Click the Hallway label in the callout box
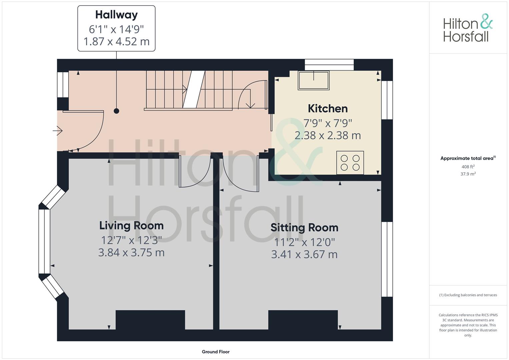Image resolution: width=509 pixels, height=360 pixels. (116, 15)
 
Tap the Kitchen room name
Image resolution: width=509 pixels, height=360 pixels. (328, 109)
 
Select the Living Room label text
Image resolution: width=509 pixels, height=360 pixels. (131, 226)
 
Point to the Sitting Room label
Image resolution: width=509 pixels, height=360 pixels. (304, 228)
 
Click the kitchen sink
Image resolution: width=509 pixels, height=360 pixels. (314, 80)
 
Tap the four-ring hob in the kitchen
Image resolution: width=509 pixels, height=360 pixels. (350, 163)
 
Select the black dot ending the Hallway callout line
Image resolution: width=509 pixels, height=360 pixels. (116, 111)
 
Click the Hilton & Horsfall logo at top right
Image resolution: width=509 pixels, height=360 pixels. (468, 28)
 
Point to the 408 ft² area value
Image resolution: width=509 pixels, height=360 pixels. (468, 167)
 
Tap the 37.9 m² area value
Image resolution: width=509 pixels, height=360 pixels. (468, 174)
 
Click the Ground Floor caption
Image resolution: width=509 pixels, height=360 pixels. (216, 352)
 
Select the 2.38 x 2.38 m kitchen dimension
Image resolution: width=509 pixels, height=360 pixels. (328, 135)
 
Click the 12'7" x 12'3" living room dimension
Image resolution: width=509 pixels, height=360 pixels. (131, 240)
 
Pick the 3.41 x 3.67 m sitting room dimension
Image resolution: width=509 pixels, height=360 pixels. (304, 254)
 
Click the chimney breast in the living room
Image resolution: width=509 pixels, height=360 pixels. (150, 320)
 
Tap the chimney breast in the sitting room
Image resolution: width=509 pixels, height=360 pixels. (303, 320)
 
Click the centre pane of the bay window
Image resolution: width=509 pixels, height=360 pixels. (44, 241)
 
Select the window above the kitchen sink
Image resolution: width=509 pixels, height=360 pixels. (329, 65)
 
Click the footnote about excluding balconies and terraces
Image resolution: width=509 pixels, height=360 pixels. (468, 295)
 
